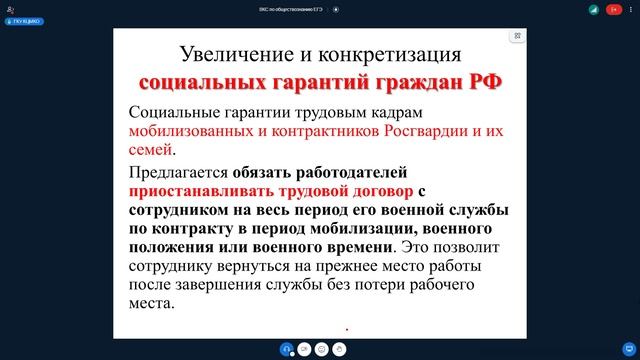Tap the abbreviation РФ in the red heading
[485, 81]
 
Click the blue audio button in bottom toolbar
[287, 348]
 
